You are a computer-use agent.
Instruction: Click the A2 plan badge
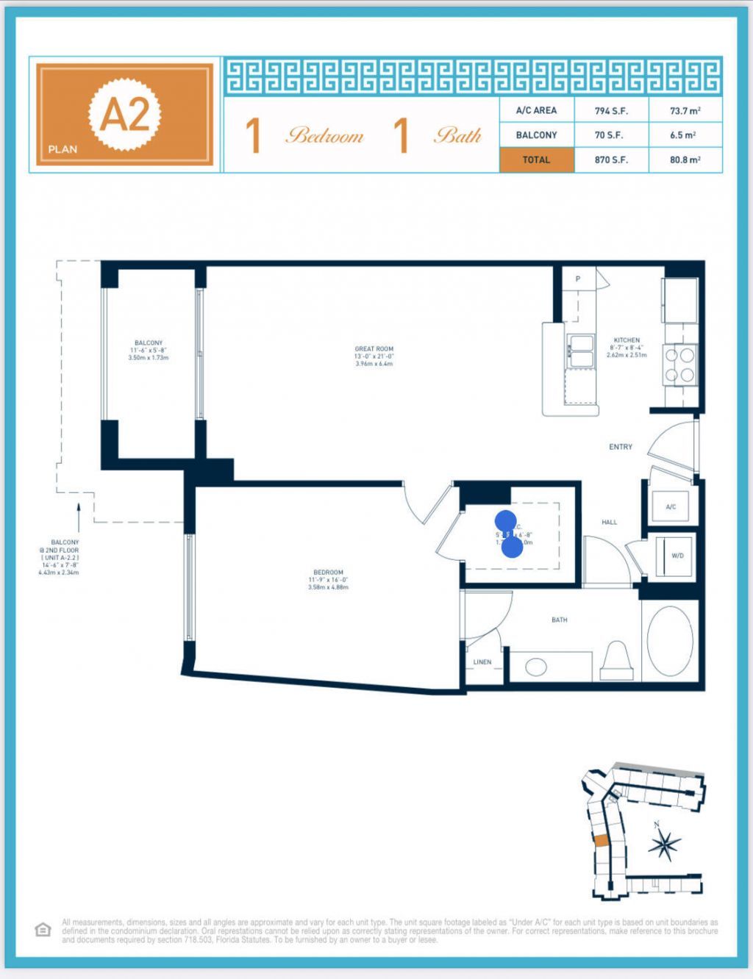point(124,115)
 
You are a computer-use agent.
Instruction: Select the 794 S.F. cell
point(611,111)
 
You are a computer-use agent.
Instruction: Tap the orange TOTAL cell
point(536,159)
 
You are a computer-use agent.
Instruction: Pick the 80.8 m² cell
point(685,159)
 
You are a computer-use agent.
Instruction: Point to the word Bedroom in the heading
point(325,136)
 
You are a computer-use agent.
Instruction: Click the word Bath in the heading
point(457,136)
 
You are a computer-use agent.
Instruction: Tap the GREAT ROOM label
point(374,349)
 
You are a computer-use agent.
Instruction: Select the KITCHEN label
point(627,341)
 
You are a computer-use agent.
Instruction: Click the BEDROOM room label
point(328,573)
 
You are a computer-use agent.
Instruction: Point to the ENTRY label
point(621,447)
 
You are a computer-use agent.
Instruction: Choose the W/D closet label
point(677,556)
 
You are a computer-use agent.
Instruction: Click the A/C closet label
point(671,507)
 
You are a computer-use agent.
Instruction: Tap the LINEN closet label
point(482,662)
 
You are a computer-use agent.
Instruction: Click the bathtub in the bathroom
point(669,641)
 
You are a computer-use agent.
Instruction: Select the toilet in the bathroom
point(617,659)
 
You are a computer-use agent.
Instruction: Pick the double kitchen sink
point(581,351)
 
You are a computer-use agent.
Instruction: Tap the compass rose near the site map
point(664,844)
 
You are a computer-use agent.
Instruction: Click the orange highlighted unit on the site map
point(601,840)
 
